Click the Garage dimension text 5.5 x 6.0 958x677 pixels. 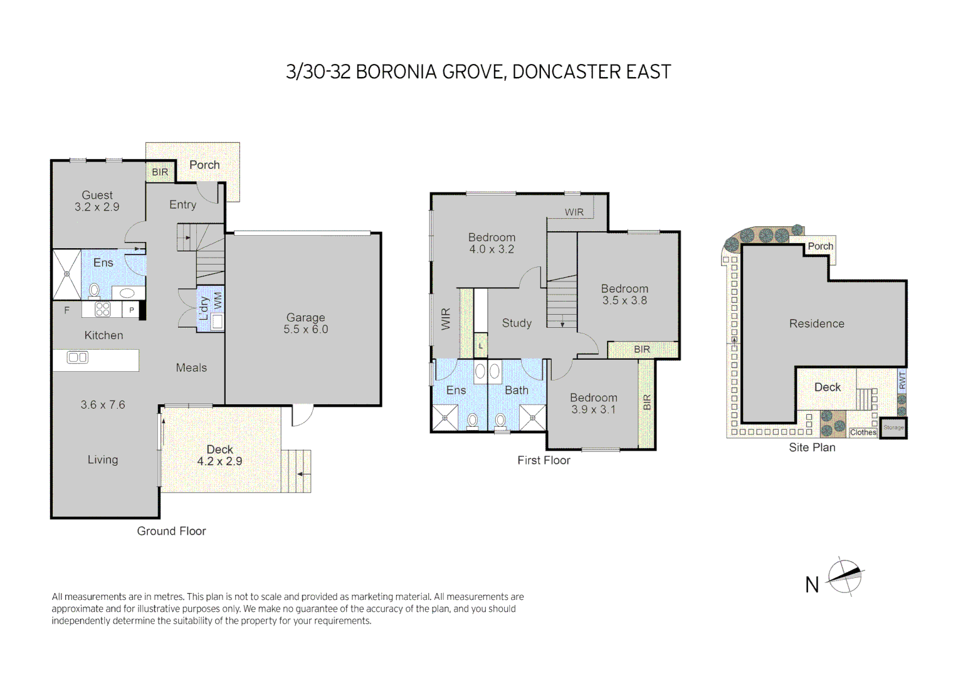tap(305, 330)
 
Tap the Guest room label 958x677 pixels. tap(97, 195)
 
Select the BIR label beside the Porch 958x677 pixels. tap(160, 172)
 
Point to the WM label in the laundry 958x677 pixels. tap(218, 300)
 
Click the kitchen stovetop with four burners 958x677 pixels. tap(103, 309)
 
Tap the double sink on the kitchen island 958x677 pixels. tap(78, 357)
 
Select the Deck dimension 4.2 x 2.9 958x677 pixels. tap(219, 461)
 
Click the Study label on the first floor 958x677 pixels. tap(517, 323)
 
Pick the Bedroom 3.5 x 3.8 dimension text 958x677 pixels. tap(624, 301)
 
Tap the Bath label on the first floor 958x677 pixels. tap(517, 391)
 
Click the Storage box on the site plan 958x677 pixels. tap(893, 428)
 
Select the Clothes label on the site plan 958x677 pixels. tap(863, 433)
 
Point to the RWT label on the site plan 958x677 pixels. tap(902, 380)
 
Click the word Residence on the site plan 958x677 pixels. tap(816, 324)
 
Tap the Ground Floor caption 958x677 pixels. tap(171, 532)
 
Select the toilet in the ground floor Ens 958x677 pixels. tap(94, 290)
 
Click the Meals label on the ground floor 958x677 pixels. tap(191, 368)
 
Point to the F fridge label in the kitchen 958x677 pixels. tap(67, 310)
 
